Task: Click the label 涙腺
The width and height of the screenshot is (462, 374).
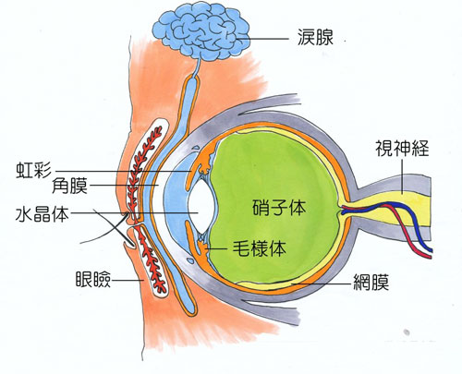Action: pyautogui.click(x=315, y=38)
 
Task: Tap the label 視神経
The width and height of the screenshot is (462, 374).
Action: pyautogui.click(x=402, y=148)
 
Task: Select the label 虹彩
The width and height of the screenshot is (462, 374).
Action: pyautogui.click(x=33, y=170)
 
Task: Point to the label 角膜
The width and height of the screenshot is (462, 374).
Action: pyautogui.click(x=69, y=186)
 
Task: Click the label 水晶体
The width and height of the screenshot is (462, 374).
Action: pyautogui.click(x=43, y=213)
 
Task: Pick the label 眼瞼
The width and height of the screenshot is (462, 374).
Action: pyautogui.click(x=93, y=280)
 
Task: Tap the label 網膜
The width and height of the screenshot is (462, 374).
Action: pyautogui.click(x=371, y=282)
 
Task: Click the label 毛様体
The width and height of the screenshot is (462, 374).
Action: pyautogui.click(x=260, y=248)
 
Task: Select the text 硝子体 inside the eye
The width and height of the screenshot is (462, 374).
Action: pyautogui.click(x=279, y=207)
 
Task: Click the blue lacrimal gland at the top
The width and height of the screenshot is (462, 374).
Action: pyautogui.click(x=201, y=33)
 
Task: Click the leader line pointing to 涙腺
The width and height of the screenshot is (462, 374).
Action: pyautogui.click(x=263, y=39)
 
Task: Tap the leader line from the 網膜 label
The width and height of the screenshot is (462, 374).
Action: pyautogui.click(x=321, y=283)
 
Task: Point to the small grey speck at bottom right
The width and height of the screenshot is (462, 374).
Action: pyautogui.click(x=407, y=332)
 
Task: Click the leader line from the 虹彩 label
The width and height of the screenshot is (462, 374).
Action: pyautogui.click(x=124, y=171)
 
